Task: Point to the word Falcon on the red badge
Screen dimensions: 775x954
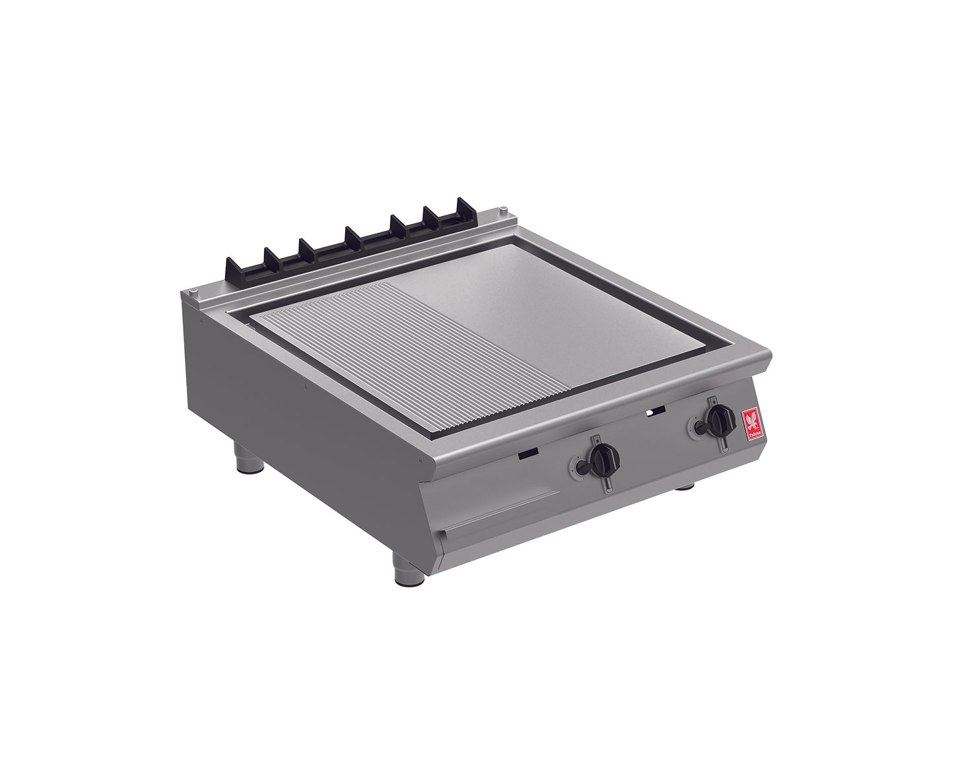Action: [753, 434]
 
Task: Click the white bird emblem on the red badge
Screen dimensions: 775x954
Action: [751, 419]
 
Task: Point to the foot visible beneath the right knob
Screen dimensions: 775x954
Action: [683, 487]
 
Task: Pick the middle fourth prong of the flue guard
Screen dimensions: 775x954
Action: [353, 237]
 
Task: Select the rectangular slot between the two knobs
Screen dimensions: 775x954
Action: [656, 411]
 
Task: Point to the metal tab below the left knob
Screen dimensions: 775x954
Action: [605, 484]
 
